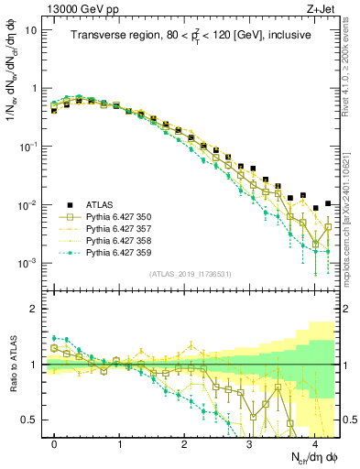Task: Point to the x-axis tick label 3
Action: coord(249,442)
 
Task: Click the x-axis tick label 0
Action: coord(54,442)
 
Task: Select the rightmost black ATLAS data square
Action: coord(327,204)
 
